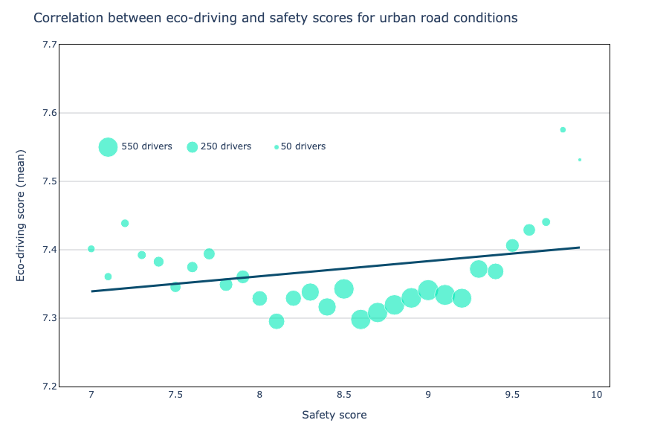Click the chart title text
(x=275, y=18)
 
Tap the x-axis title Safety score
(x=334, y=415)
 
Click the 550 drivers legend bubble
(x=108, y=147)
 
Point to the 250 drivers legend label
(x=226, y=147)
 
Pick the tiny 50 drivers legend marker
(x=277, y=147)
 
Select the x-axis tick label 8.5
(x=343, y=395)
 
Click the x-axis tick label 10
(x=596, y=395)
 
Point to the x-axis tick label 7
(x=91, y=395)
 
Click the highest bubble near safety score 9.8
(x=563, y=129)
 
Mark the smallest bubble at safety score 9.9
(x=580, y=160)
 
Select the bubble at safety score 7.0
(x=91, y=249)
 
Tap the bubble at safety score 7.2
(x=125, y=223)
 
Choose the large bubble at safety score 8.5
(x=343, y=288)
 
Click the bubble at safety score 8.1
(x=277, y=321)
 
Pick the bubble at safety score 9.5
(x=512, y=245)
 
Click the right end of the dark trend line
(x=578, y=248)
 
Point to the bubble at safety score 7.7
(x=209, y=253)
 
